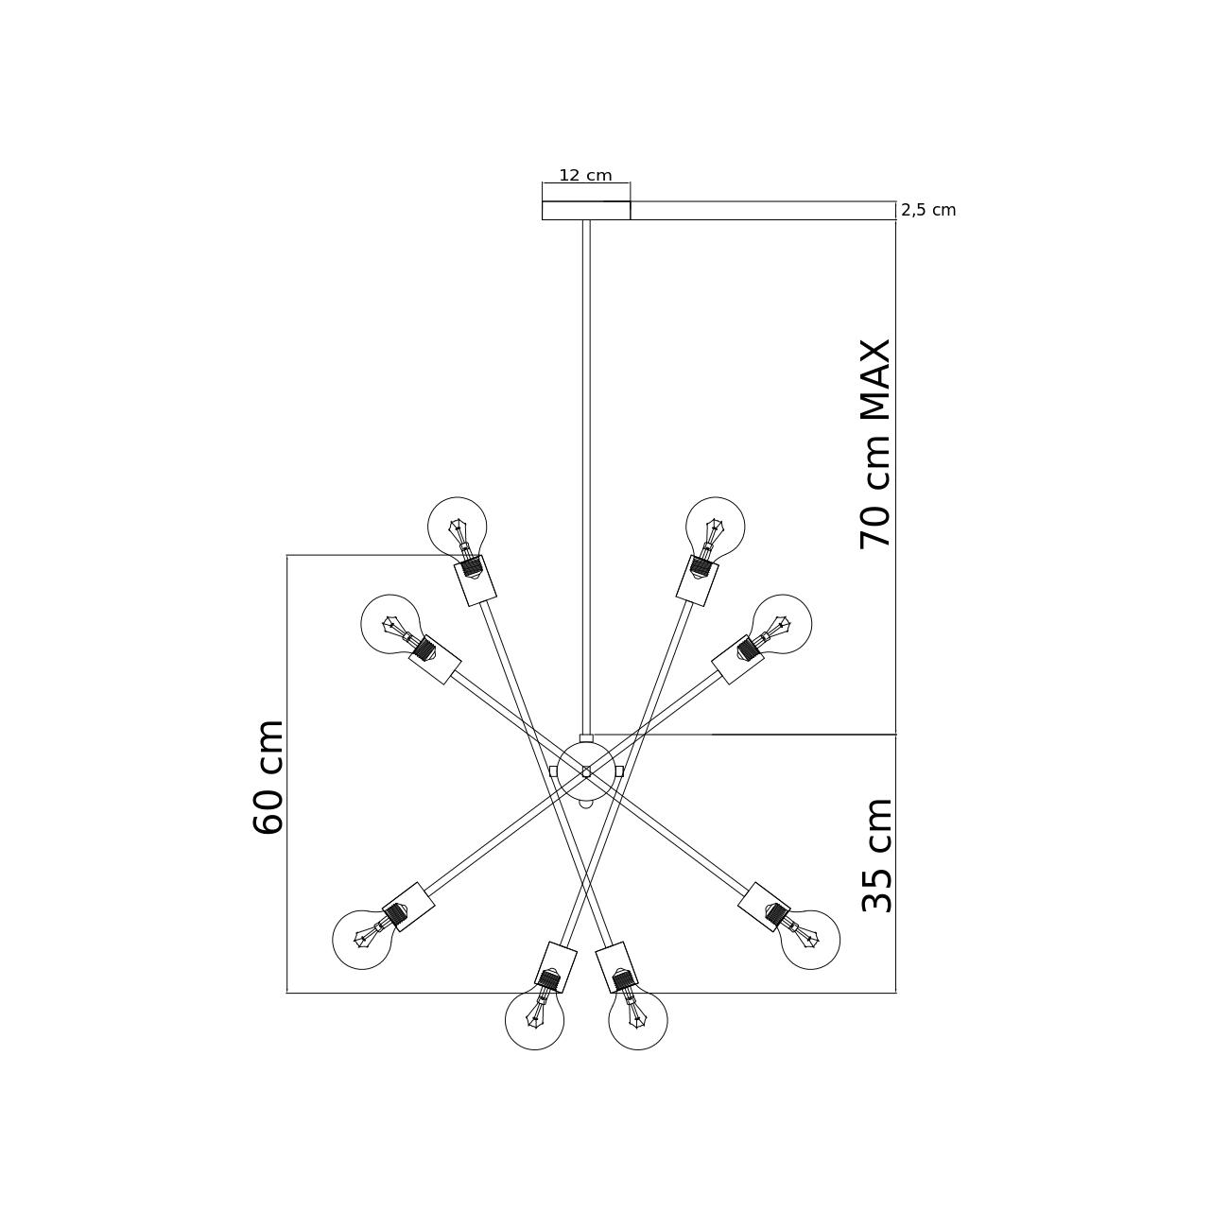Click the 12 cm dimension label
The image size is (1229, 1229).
point(585,176)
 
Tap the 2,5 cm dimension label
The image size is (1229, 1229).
point(928,211)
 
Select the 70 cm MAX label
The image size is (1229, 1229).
point(875,444)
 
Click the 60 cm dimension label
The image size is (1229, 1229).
point(268,777)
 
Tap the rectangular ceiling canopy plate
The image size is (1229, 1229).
point(586,211)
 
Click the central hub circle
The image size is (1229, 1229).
point(586,771)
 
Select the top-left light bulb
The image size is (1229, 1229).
point(458,528)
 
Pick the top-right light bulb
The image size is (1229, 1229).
point(715,528)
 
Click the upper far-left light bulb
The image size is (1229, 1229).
point(390,623)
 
